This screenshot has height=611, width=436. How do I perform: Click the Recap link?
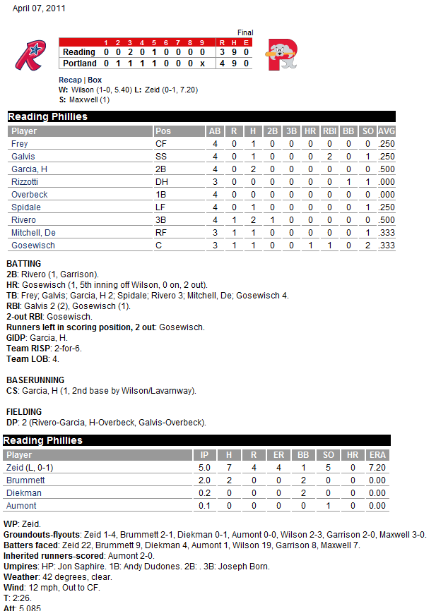click(69, 80)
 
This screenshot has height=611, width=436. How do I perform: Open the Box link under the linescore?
click(95, 80)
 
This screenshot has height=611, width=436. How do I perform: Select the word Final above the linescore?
click(244, 32)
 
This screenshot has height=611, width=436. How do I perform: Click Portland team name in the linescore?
click(79, 63)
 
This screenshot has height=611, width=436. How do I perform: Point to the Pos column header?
click(163, 131)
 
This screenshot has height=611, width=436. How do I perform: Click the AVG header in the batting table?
click(386, 131)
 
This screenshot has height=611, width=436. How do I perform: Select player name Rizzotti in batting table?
click(25, 181)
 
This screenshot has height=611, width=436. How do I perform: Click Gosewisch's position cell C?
click(158, 245)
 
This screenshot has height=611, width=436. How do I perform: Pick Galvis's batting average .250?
click(386, 156)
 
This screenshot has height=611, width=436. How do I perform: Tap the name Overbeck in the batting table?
click(30, 194)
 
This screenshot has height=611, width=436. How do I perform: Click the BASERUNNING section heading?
click(35, 380)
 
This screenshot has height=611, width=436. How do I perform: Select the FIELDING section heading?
click(24, 411)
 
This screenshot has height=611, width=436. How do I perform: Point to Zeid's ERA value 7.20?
click(377, 468)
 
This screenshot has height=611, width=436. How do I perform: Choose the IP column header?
click(206, 455)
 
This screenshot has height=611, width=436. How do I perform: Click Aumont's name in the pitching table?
click(21, 506)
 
